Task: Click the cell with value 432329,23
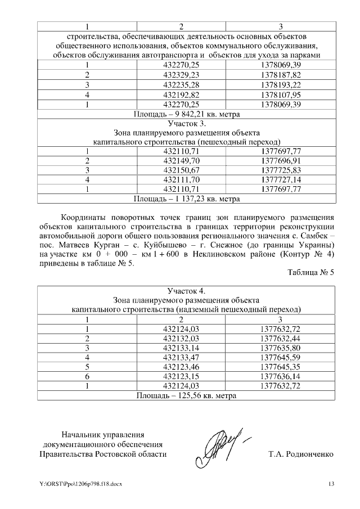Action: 181,75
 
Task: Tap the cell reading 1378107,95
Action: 281,94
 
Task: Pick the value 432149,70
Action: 181,161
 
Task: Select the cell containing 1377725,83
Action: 281,170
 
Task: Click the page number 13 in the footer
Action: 331,484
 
